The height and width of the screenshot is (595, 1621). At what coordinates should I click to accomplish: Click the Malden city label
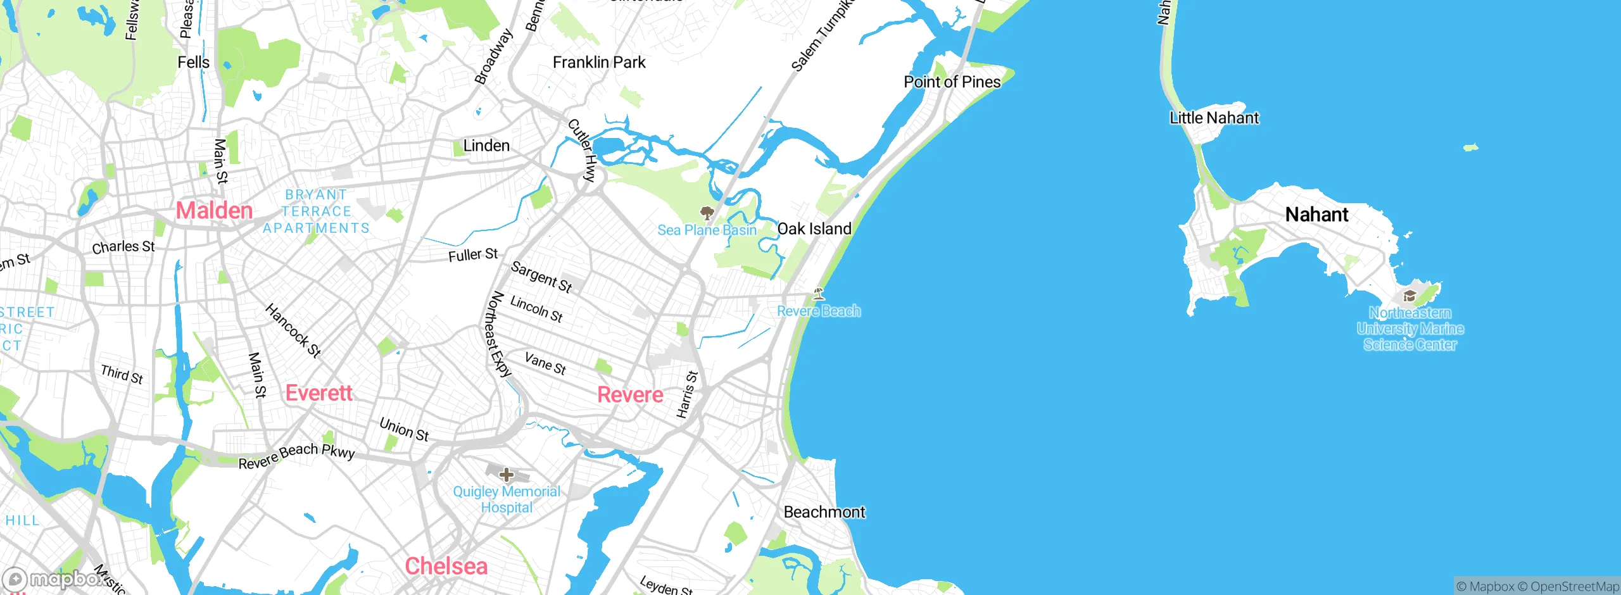(214, 210)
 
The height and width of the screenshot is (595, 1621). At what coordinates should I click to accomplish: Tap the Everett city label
(319, 393)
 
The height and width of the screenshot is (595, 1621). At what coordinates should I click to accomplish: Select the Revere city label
(630, 395)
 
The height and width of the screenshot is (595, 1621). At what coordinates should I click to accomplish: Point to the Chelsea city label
(446, 566)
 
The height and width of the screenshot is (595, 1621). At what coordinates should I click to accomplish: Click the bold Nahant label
(1316, 215)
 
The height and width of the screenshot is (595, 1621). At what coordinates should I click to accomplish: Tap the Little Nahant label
(1214, 118)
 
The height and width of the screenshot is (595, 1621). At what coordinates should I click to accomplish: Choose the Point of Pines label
(952, 82)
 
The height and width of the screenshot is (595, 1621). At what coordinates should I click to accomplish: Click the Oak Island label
(814, 229)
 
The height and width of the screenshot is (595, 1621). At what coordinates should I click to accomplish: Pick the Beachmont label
(824, 511)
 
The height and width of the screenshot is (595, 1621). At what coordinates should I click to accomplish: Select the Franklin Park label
(599, 62)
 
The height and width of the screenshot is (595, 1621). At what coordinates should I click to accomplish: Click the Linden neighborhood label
(486, 146)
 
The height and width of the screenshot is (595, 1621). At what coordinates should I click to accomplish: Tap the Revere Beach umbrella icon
(819, 293)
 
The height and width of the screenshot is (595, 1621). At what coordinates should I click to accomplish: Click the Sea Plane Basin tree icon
(707, 212)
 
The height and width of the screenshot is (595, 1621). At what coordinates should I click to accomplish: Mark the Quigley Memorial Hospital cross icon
(506, 474)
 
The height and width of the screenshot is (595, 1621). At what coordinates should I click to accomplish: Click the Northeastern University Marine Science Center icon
(1410, 296)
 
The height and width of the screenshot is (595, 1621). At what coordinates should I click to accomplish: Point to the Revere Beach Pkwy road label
(296, 456)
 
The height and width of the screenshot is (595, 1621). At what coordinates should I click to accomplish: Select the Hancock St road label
(293, 330)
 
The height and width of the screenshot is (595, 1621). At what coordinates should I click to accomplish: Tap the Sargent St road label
(541, 277)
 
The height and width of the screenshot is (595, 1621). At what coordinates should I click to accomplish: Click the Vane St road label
(545, 363)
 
